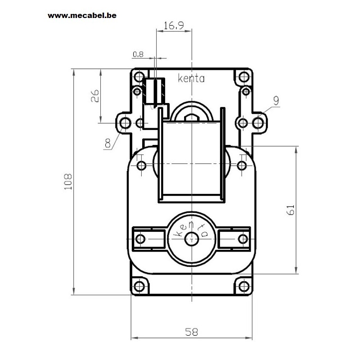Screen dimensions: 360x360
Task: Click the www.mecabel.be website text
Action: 82,16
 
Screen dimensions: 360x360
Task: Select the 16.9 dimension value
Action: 174,25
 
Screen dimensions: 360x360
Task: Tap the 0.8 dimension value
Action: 138,54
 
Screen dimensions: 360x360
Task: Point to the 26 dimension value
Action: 95,96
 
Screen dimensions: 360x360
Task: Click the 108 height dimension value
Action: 68,181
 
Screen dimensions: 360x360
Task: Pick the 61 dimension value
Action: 291,210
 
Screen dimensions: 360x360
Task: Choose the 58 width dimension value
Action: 192,332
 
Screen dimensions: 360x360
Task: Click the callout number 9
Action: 276,100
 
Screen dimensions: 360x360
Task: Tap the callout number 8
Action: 108,143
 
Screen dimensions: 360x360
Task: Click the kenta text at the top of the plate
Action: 191,78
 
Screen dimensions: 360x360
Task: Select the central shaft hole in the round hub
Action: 192,239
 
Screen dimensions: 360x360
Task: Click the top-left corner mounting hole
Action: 139,76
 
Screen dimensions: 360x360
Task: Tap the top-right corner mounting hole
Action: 244,76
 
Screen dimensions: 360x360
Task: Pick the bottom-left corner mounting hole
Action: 139,286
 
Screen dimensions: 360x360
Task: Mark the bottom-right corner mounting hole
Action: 244,286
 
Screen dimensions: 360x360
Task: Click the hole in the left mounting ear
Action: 126,123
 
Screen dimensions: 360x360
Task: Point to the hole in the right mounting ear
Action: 258,123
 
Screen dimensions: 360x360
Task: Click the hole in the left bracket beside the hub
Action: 140,239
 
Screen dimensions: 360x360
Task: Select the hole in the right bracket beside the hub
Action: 243,239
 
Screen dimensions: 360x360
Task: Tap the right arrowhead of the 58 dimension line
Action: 249,338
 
